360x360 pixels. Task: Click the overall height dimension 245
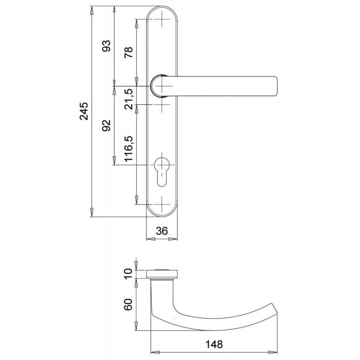pos(84,111)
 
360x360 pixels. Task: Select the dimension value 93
pos(106,46)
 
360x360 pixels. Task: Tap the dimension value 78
pos(128,52)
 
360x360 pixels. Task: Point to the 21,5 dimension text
pos(129,99)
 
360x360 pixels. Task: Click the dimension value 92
pos(106,126)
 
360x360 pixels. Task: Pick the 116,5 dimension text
pos(129,149)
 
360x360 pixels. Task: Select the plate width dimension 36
pos(162,231)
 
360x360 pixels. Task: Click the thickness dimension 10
pos(128,274)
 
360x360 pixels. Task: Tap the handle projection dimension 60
pos(128,305)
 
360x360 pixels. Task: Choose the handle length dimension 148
pos(214,344)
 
